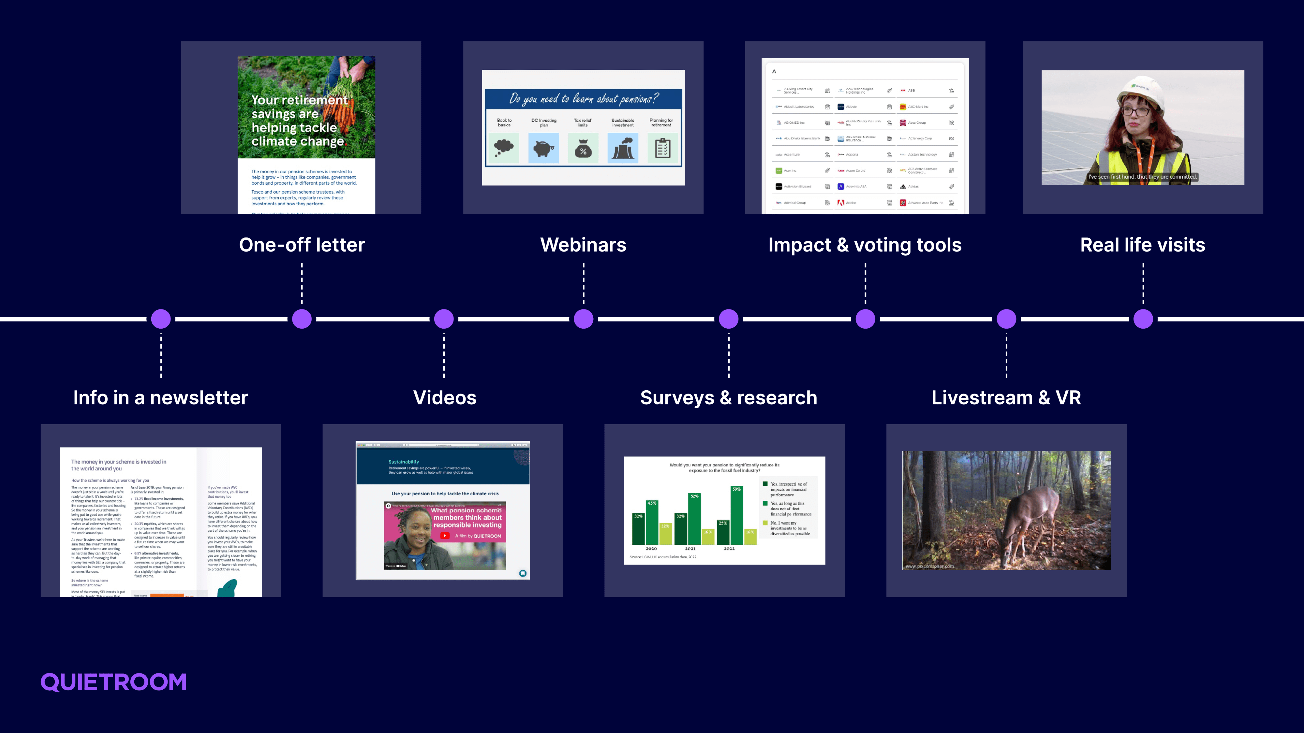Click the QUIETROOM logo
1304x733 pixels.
(113, 682)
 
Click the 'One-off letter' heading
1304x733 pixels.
(302, 245)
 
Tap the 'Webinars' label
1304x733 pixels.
(583, 245)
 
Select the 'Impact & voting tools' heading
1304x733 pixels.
(865, 245)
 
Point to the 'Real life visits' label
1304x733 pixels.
(1143, 245)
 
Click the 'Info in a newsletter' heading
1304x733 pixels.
(160, 397)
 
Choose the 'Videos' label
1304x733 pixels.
(444, 397)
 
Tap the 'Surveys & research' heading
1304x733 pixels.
(728, 397)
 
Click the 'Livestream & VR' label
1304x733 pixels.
(1006, 397)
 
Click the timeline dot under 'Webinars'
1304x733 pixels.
(584, 319)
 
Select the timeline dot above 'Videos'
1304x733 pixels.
(444, 319)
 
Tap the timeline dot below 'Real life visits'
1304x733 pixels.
(1143, 319)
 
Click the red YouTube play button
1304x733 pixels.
(444, 536)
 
